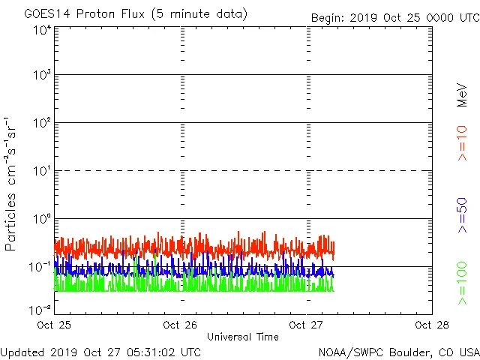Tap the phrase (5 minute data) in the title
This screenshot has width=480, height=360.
click(202, 14)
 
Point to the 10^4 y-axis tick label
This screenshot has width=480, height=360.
click(42, 30)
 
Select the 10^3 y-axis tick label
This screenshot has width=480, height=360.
click(42, 75)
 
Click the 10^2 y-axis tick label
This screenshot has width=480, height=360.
click(42, 122)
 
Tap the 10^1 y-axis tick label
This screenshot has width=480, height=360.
click(42, 170)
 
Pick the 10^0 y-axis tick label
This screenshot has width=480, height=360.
click(42, 218)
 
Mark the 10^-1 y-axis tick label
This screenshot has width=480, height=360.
click(40, 266)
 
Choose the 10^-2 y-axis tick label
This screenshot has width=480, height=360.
click(40, 310)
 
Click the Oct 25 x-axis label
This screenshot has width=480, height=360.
click(54, 325)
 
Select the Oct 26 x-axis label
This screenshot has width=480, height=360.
click(180, 325)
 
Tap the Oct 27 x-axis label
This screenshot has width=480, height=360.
click(306, 325)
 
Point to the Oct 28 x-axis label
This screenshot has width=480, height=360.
click(432, 325)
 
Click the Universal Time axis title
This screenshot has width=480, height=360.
click(243, 337)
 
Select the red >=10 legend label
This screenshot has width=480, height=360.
click(463, 142)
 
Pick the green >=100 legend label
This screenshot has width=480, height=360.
click(463, 283)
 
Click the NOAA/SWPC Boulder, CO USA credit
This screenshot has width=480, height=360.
click(398, 351)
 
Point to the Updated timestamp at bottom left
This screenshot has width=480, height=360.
click(100, 351)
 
